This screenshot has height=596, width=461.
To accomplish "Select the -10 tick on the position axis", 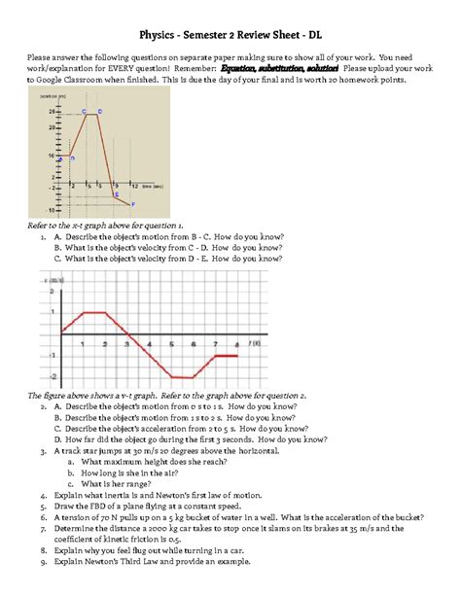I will tap(50, 209).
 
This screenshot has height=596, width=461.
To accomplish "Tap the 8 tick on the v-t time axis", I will tap(237, 344).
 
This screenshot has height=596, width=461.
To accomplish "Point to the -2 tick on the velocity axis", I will tap(52, 376).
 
